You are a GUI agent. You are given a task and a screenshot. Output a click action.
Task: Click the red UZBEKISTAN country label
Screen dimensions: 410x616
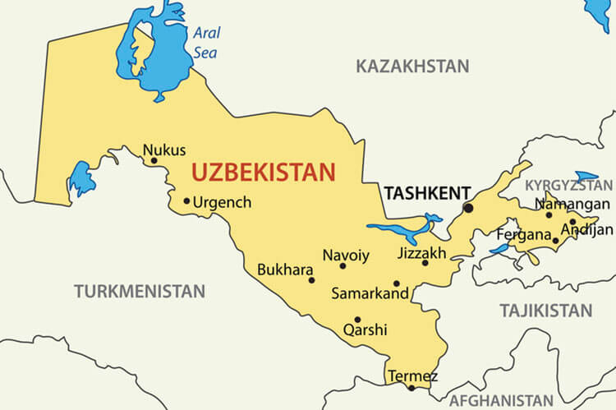pos(264,173)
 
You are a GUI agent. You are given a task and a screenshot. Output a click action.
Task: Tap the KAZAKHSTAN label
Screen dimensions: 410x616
pos(412,67)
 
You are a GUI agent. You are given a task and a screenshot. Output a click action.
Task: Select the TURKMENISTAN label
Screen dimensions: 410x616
pos(139,291)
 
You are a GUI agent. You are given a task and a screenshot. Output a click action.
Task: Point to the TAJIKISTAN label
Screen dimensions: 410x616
pos(545,311)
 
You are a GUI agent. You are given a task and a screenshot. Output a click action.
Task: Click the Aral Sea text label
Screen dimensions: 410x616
pos(206,43)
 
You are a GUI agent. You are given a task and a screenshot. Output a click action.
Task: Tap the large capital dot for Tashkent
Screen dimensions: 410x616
pos(468,209)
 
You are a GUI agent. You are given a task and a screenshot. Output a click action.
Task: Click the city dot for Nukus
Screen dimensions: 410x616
pos(154,160)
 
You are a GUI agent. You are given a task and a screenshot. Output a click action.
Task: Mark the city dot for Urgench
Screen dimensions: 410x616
pos(186,200)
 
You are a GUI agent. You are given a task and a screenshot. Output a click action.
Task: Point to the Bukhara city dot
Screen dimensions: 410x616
pos(311,280)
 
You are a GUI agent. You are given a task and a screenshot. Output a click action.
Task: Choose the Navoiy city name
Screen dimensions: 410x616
pos(346,255)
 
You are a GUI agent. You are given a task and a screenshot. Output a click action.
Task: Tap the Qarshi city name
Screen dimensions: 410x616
pos(365,330)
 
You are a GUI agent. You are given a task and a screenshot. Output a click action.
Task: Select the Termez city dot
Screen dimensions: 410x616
pos(411,387)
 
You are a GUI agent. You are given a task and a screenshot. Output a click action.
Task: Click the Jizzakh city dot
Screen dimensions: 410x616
pos(425,263)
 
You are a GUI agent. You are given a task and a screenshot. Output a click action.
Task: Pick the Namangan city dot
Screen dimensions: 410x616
pos(549,215)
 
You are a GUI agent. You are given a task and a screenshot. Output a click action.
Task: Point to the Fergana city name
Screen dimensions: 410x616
pos(523,235)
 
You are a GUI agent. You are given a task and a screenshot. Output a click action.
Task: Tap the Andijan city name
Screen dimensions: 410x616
pos(587,229)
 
